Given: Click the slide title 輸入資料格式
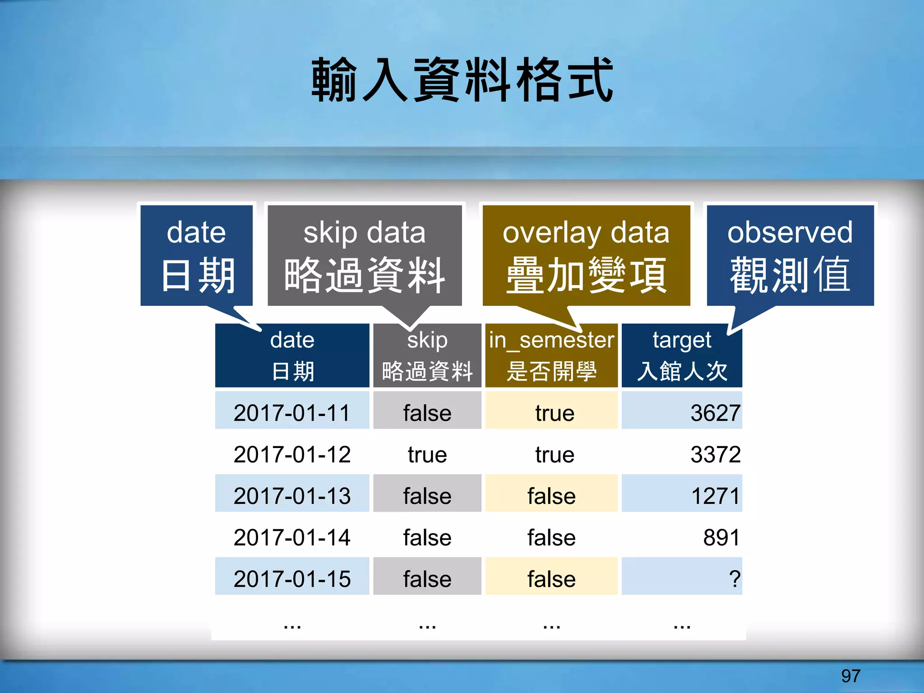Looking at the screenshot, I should point(462,80).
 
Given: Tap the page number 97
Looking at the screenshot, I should point(850,676).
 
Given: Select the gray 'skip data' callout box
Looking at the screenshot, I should point(365,255).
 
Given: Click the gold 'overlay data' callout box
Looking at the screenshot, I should point(586,255).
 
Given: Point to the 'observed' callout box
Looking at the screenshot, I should point(790,255).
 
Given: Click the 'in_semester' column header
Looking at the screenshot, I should point(551,356).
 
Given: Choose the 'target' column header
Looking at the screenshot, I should point(682,356).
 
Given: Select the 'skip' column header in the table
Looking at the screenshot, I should point(427,356).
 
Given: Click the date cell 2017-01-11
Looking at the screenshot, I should point(292,413).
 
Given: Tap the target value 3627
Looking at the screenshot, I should point(715,413).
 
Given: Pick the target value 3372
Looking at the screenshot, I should point(715,454).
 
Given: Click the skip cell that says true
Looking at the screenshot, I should point(427,454).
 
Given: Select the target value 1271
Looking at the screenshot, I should point(715,496).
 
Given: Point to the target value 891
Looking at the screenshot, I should point(721,537).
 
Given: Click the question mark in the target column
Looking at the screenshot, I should point(734,579).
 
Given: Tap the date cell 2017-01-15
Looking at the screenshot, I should point(292,579).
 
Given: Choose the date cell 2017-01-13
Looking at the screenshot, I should point(292,496).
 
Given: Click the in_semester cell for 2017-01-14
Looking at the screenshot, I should point(551,537).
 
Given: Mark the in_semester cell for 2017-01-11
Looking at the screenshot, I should point(554,413).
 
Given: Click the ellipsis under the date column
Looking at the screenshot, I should point(292,625).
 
